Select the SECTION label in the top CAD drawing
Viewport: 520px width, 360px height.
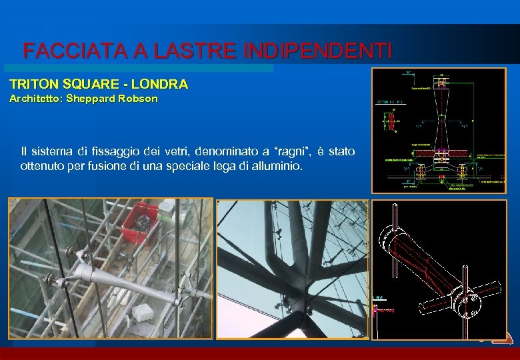tap(384, 102)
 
